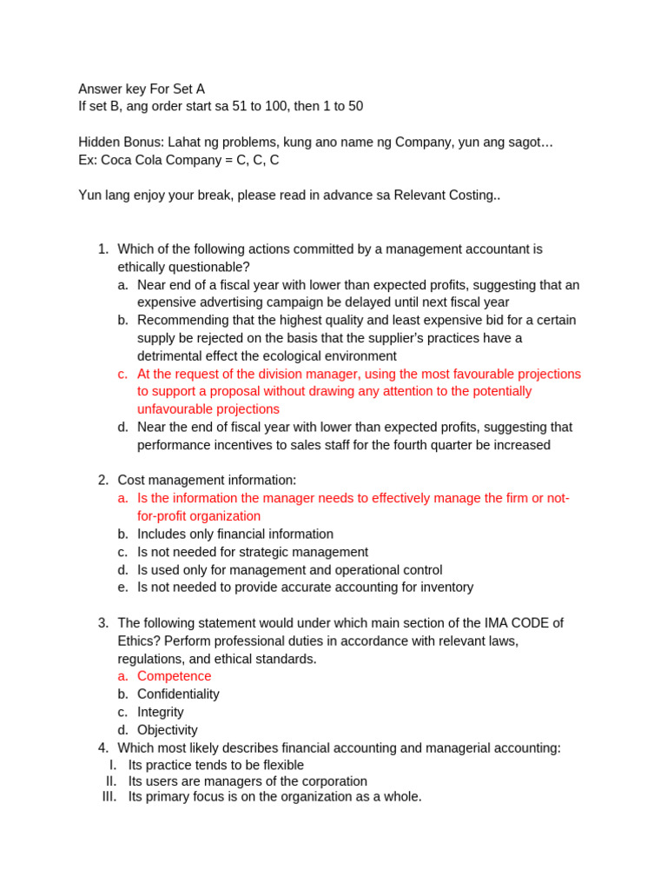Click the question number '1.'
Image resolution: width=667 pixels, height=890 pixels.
point(103,249)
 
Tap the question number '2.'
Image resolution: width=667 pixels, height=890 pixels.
point(103,480)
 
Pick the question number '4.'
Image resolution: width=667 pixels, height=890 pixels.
point(103,748)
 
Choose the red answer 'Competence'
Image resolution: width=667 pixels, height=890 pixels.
point(174,676)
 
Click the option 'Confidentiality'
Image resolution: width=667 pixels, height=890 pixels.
point(178,694)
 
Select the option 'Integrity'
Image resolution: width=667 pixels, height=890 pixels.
point(161,712)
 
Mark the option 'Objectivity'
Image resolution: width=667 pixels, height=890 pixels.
point(167,730)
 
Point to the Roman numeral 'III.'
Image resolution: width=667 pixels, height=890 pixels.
point(109,796)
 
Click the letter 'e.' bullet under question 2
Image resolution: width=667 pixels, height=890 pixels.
point(123,588)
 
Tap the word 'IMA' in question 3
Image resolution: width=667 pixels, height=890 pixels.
point(485,623)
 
